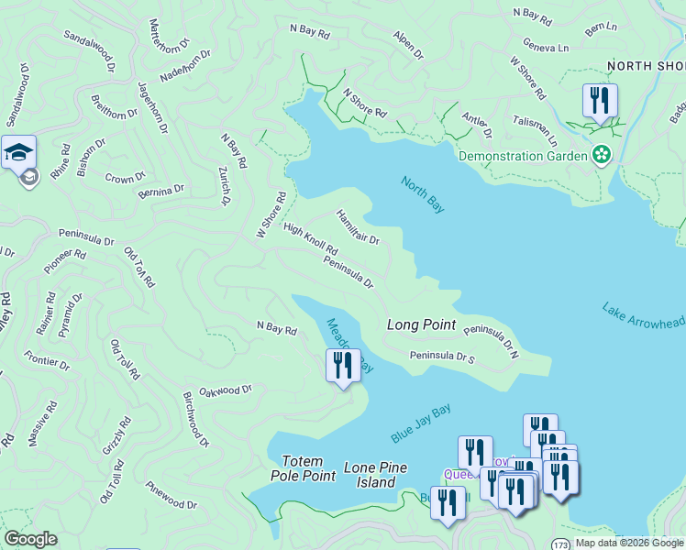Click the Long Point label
422,324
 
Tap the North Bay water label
423,194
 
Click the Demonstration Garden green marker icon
602,155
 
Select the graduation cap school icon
17,152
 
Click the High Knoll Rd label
310,240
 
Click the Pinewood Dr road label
171,499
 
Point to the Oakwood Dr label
225,390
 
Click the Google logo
30,539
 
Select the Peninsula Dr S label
442,356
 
